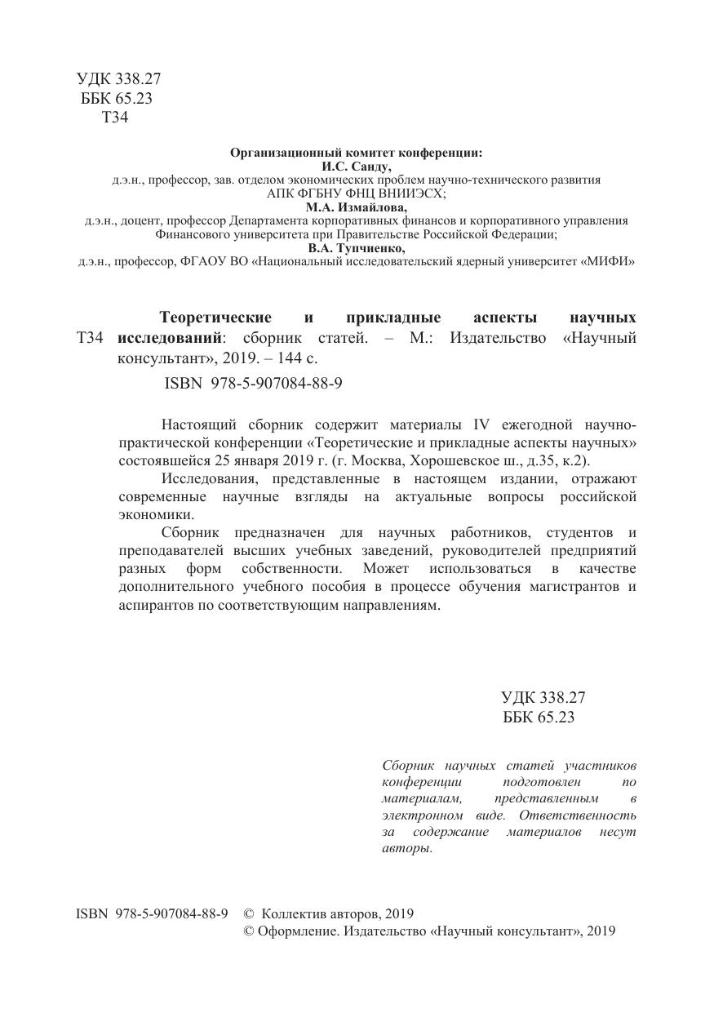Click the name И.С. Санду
[357, 165]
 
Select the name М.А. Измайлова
[357, 207]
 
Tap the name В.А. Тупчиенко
[357, 248]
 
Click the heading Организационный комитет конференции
[357, 152]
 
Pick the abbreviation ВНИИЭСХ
[402, 193]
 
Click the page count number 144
[283, 358]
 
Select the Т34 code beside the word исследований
[89, 338]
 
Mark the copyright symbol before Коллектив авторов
[250, 913]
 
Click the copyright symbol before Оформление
[250, 931]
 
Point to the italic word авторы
[406, 849]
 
